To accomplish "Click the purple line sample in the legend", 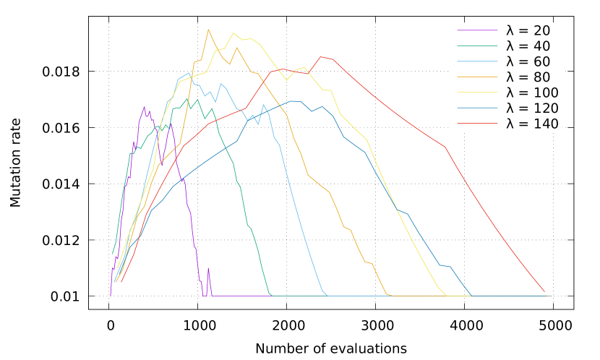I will (477, 30).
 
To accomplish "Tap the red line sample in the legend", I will (477, 124).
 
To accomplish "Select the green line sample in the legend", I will (477, 46).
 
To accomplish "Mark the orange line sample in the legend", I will (477, 77).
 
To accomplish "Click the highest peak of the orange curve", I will (208, 29).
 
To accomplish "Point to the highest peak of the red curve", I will (321, 56).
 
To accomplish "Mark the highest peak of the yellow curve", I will (233, 33).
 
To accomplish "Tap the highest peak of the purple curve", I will (144, 106).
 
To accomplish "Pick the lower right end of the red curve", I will (544, 292).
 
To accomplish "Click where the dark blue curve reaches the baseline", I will (471, 295).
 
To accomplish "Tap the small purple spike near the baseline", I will (208, 268).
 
